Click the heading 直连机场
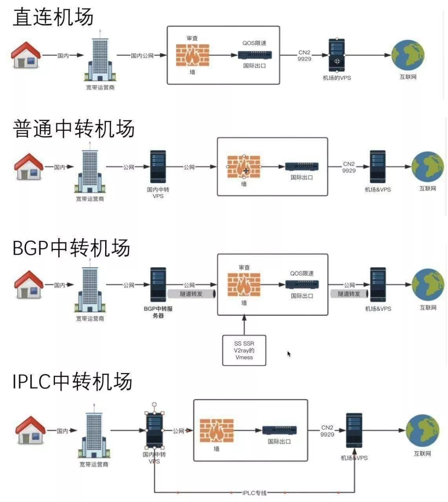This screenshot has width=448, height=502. point(53,17)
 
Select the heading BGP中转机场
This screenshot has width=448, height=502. point(71,248)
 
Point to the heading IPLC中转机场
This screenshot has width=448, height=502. point(72,381)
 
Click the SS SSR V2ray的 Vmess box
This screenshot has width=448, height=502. point(244,350)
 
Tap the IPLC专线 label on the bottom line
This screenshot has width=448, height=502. point(254,493)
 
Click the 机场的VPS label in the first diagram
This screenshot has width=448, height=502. point(337,78)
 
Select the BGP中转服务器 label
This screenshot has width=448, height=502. point(158,312)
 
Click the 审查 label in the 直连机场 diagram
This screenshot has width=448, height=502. point(192,38)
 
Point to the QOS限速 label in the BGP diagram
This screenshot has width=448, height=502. point(302,273)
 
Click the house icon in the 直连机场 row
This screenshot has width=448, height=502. point(26,55)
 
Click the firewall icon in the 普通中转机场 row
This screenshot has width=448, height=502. point(244,167)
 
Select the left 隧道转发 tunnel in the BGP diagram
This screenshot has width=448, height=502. point(191,294)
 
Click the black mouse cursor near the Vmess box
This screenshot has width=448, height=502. point(289,354)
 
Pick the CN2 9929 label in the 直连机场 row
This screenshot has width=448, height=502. point(304,56)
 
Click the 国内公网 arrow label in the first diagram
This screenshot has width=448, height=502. point(142,56)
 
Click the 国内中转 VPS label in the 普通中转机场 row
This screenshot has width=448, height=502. point(158,193)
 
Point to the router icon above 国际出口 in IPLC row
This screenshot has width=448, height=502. point(279,430)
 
